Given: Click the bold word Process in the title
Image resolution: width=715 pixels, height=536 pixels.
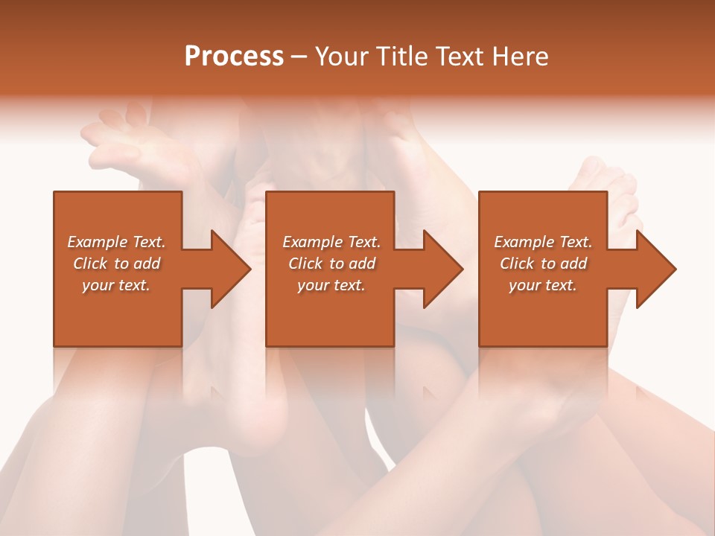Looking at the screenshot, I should pyautogui.click(x=234, y=57).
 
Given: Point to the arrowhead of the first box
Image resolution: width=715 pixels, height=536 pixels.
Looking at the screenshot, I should pyautogui.click(x=231, y=269).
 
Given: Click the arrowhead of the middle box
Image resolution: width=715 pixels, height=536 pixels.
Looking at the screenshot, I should pyautogui.click(x=443, y=269).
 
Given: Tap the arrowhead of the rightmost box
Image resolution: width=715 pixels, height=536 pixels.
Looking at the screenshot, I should pyautogui.click(x=656, y=269).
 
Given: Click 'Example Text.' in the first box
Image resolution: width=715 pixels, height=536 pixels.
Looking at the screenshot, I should pyautogui.click(x=116, y=242).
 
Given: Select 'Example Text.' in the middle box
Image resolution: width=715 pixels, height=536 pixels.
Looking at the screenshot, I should pyautogui.click(x=331, y=242).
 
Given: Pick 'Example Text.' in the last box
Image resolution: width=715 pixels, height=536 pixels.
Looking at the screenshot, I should pyautogui.click(x=543, y=242).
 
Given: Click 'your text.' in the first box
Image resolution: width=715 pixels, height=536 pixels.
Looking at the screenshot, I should pyautogui.click(x=116, y=285).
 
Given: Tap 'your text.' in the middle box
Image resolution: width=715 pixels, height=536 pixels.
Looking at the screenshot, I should pyautogui.click(x=331, y=285).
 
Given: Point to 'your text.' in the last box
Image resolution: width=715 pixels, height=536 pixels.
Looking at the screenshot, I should pyautogui.click(x=543, y=285).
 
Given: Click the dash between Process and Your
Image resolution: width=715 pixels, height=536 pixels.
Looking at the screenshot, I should pyautogui.click(x=299, y=57).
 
